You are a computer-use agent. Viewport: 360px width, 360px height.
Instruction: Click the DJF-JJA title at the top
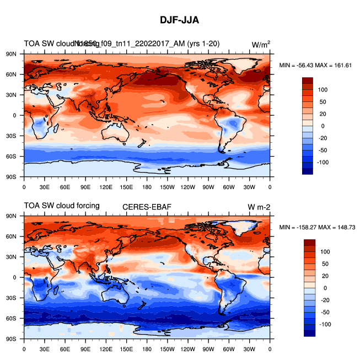coord(180,20)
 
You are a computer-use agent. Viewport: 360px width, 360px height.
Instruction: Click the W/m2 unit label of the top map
coord(261,44)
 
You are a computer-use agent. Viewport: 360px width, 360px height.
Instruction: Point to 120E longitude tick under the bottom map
coord(106,349)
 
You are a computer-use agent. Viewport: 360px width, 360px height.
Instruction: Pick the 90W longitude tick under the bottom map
coord(208,349)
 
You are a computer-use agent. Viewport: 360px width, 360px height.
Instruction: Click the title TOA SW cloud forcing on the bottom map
coord(62,206)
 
